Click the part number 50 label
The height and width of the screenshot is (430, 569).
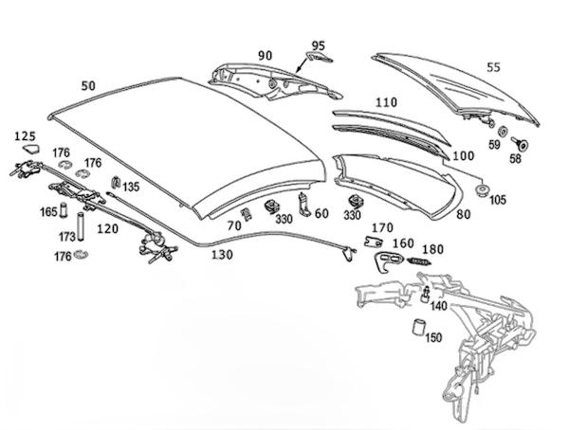[89, 85]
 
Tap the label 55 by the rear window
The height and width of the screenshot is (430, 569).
[519, 68]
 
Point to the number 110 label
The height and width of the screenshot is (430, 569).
[385, 102]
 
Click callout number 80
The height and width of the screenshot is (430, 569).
[464, 215]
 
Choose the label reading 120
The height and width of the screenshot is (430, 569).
[107, 229]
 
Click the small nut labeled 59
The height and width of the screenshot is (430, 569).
[502, 129]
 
